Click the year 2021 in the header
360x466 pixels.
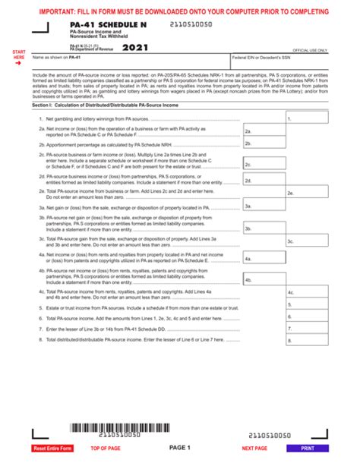pyautogui.click(x=135, y=48)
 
